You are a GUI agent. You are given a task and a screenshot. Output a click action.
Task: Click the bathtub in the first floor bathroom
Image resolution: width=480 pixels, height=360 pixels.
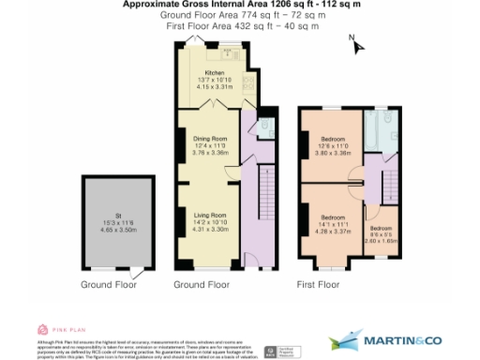click(x=380, y=131)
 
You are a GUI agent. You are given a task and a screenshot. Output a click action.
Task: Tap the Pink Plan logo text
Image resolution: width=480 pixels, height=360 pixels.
click(x=65, y=330)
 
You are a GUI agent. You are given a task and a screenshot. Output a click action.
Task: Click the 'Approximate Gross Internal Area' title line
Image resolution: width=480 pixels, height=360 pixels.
click(x=240, y=5)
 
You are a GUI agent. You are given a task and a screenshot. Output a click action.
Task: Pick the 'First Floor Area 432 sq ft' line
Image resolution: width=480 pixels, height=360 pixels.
click(x=240, y=25)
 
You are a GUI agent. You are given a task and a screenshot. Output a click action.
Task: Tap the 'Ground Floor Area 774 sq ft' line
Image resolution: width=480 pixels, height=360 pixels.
click(x=240, y=15)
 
